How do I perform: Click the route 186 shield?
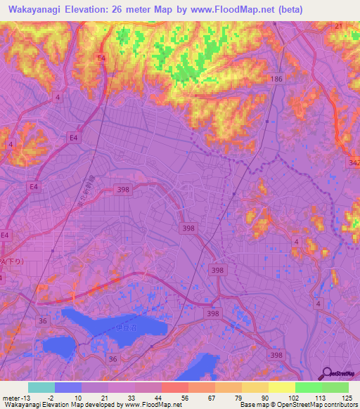coord(276,79)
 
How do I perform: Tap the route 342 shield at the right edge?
coord(354,163)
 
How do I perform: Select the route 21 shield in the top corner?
coord(339,25)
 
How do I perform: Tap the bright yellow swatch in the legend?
coord(281,387)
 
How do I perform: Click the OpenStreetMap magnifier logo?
coord(328,374)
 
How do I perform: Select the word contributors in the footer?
coord(337,405)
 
